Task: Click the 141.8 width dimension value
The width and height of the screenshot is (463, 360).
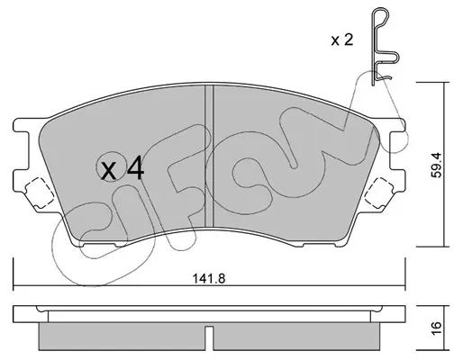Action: pyautogui.click(x=209, y=279)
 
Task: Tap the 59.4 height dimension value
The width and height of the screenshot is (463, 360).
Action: pyautogui.click(x=436, y=165)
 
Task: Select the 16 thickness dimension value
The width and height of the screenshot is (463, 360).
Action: pyautogui.click(x=436, y=328)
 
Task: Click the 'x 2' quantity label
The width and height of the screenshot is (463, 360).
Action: pyautogui.click(x=342, y=40)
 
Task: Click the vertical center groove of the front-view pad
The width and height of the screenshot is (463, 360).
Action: pyautogui.click(x=209, y=156)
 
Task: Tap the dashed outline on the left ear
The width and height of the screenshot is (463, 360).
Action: pyautogui.click(x=40, y=193)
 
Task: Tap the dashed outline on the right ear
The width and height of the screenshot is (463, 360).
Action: pyautogui.click(x=379, y=193)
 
